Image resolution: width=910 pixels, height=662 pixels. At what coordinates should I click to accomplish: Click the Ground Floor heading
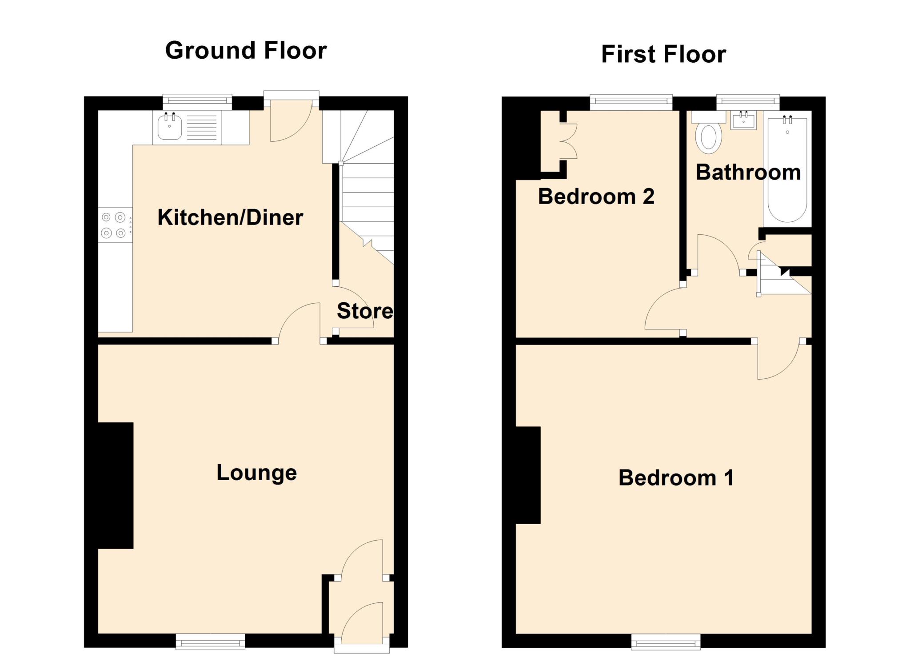246,50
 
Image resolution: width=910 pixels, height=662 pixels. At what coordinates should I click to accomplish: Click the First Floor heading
663,54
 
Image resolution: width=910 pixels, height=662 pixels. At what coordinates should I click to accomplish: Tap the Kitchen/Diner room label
230,217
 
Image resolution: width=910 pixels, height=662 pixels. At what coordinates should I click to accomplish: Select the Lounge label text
256,473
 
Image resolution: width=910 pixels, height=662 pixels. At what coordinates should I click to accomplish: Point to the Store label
365,311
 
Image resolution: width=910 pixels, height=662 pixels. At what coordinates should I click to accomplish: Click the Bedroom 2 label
596,197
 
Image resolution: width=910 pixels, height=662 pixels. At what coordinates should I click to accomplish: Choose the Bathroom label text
748,173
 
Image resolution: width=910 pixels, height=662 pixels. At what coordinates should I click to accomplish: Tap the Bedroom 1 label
675,478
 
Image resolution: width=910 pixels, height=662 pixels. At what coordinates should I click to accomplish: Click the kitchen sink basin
169,127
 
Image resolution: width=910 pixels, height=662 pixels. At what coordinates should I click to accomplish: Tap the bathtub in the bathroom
787,171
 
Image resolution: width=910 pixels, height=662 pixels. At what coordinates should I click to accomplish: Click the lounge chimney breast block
116,485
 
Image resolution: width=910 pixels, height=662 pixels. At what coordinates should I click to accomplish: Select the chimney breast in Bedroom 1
528,475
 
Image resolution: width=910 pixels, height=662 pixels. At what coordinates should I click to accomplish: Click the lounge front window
210,642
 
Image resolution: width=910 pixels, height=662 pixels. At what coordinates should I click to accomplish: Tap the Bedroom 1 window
666,642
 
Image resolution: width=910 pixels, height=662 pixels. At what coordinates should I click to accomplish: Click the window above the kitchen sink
197,101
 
